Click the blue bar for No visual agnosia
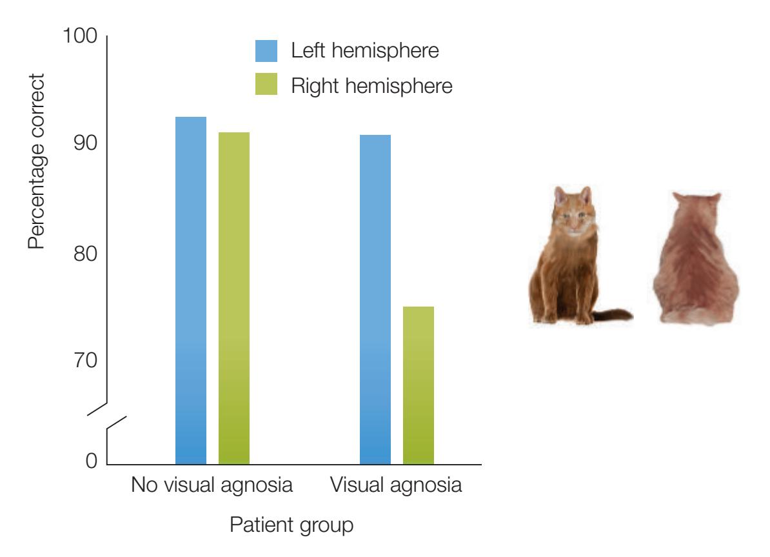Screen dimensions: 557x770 tap(191, 290)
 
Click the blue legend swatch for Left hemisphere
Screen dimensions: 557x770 tap(266, 51)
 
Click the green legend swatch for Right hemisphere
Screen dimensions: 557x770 tap(266, 85)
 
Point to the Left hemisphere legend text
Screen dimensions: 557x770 tap(365, 51)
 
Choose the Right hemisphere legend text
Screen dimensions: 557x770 tap(371, 85)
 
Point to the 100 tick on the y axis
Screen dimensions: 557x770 tap(79, 37)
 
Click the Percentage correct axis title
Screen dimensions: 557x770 tap(37, 161)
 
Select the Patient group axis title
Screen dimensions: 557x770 tap(291, 525)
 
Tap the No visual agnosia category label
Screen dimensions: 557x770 tap(212, 485)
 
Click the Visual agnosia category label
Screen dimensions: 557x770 tap(396, 485)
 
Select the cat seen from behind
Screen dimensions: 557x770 tap(695, 258)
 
